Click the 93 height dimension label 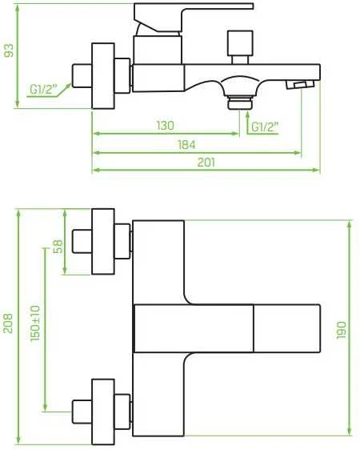pyautogui.click(x=9, y=50)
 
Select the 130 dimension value pyautogui.click(x=166, y=126)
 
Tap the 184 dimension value pyautogui.click(x=186, y=145)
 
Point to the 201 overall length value pyautogui.click(x=206, y=163)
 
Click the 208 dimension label pyautogui.click(x=8, y=323)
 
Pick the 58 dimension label pyautogui.click(x=58, y=247)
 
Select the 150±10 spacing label pyautogui.click(x=35, y=323)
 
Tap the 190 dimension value pyautogui.click(x=341, y=330)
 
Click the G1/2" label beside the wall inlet pyautogui.click(x=43, y=89)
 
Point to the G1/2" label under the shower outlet pyautogui.click(x=265, y=127)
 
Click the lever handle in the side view pyautogui.click(x=194, y=18)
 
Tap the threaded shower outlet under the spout pyautogui.click(x=240, y=103)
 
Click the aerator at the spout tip pyautogui.click(x=300, y=85)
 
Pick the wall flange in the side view pyautogui.click(x=103, y=76)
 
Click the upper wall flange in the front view pyautogui.click(x=103, y=242)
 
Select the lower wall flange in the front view pyautogui.click(x=103, y=412)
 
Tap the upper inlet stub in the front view pyautogui.click(x=82, y=241)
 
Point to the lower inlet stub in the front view pyautogui.click(x=82, y=412)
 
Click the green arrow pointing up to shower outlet pyautogui.click(x=247, y=123)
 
